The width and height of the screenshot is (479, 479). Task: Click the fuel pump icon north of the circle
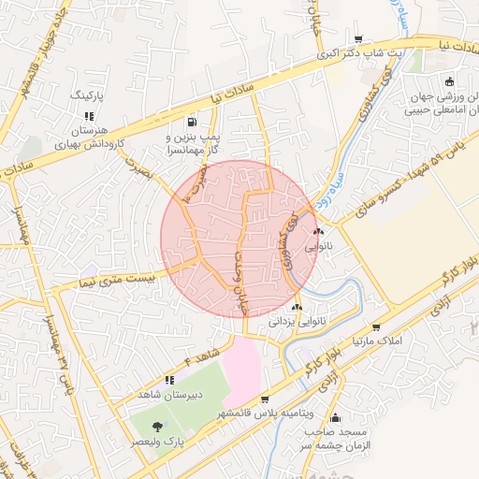pos(192,121)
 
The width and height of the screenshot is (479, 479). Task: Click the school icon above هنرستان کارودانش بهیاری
pos(90,116)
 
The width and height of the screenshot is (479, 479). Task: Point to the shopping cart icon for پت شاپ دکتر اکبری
pos(358,39)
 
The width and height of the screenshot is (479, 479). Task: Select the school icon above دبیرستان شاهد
pos(169,380)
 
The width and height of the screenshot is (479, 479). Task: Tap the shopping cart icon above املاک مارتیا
pos(376,327)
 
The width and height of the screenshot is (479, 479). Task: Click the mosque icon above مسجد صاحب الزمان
pos(336,418)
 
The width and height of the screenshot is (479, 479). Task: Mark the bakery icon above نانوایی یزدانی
pos(297,307)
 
